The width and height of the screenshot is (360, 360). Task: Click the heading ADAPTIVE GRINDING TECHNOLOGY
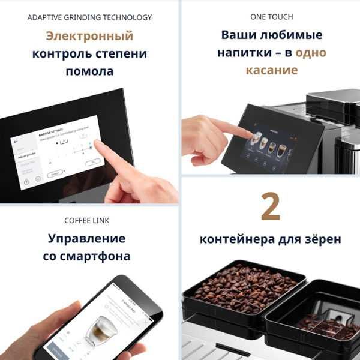[x=89, y=17]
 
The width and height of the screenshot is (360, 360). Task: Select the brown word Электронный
[x=89, y=35]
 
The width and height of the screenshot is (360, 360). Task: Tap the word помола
[x=89, y=71]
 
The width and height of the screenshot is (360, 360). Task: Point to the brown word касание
[x=271, y=70]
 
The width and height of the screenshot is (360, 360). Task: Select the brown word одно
[x=311, y=53]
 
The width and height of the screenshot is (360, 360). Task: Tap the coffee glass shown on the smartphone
[x=98, y=328]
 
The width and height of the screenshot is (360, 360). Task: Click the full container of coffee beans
[x=243, y=287]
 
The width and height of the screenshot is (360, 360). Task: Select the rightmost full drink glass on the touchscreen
[x=281, y=150]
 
